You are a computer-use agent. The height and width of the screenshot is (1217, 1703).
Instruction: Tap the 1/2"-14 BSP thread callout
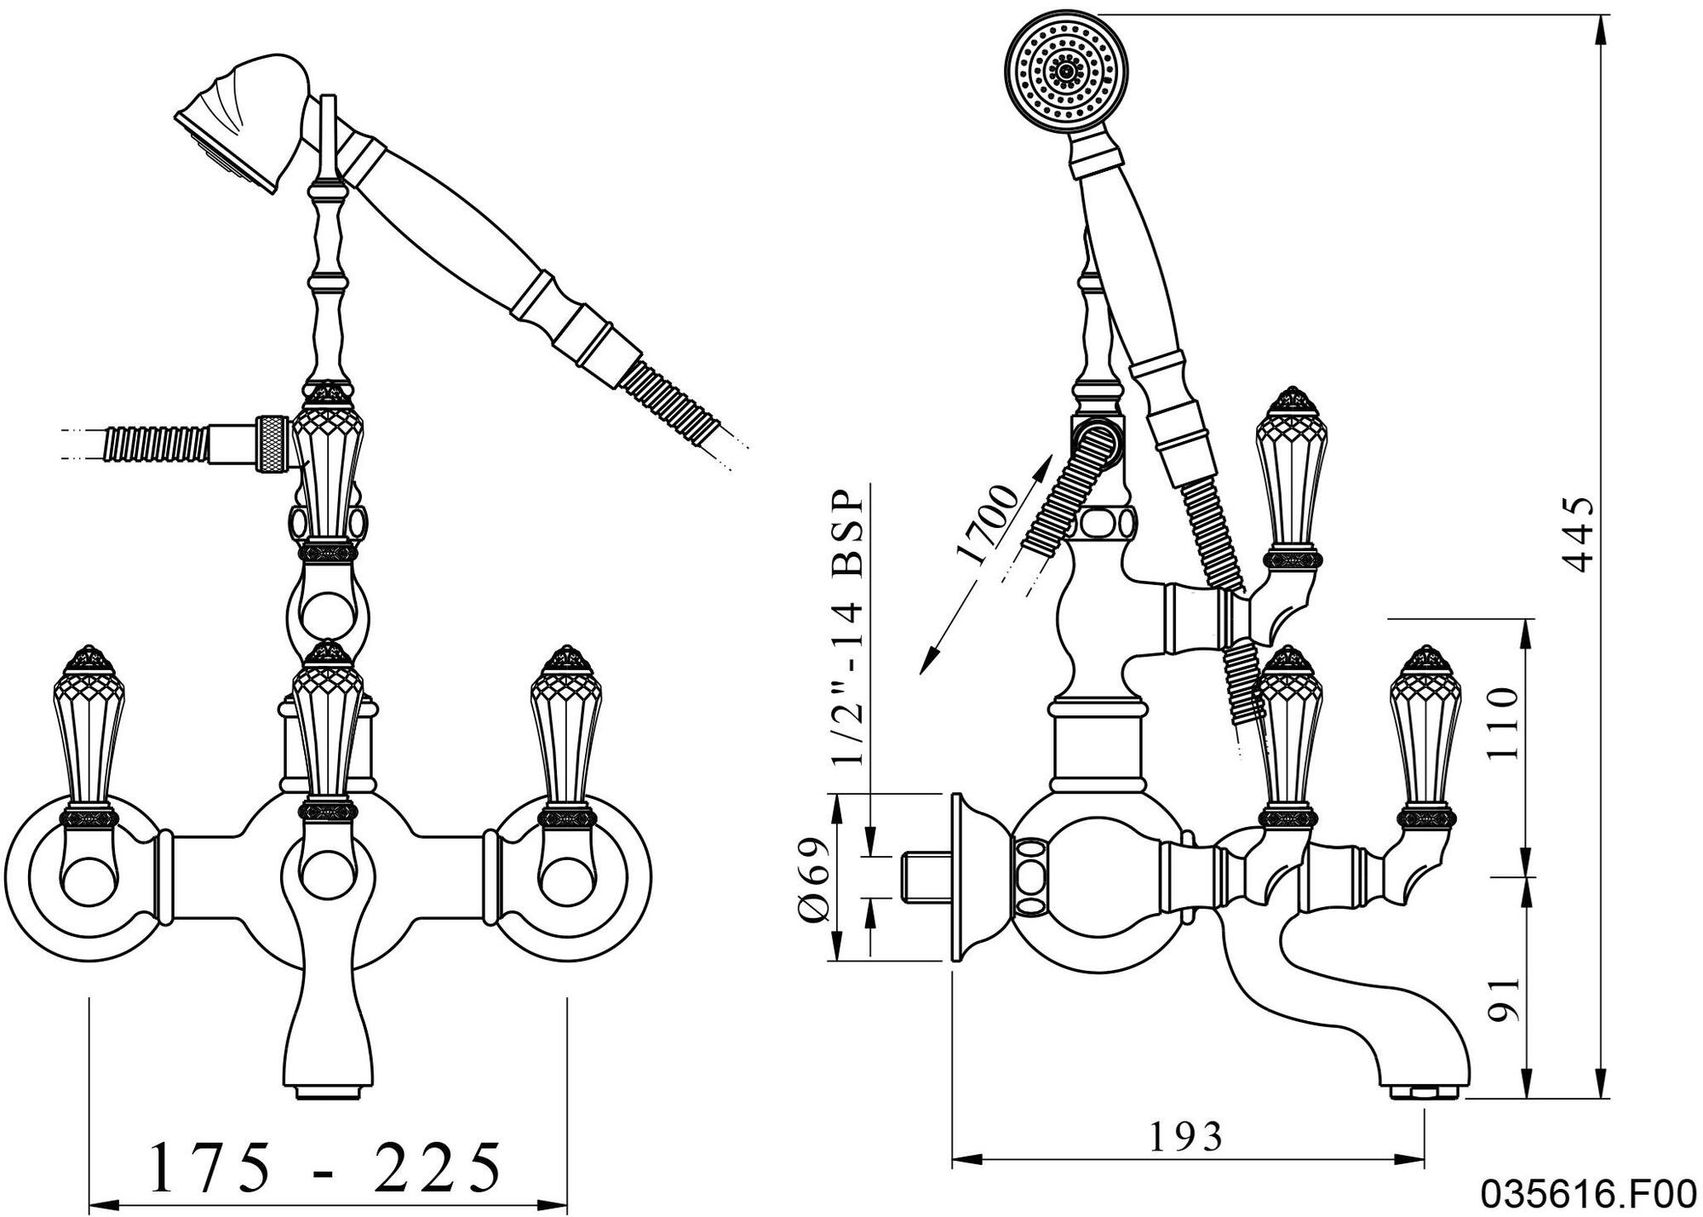coord(848,629)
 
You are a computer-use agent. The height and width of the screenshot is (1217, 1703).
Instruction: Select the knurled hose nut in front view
coord(273,443)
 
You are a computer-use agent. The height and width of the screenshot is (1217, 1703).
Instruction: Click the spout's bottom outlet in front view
coord(328,1091)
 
